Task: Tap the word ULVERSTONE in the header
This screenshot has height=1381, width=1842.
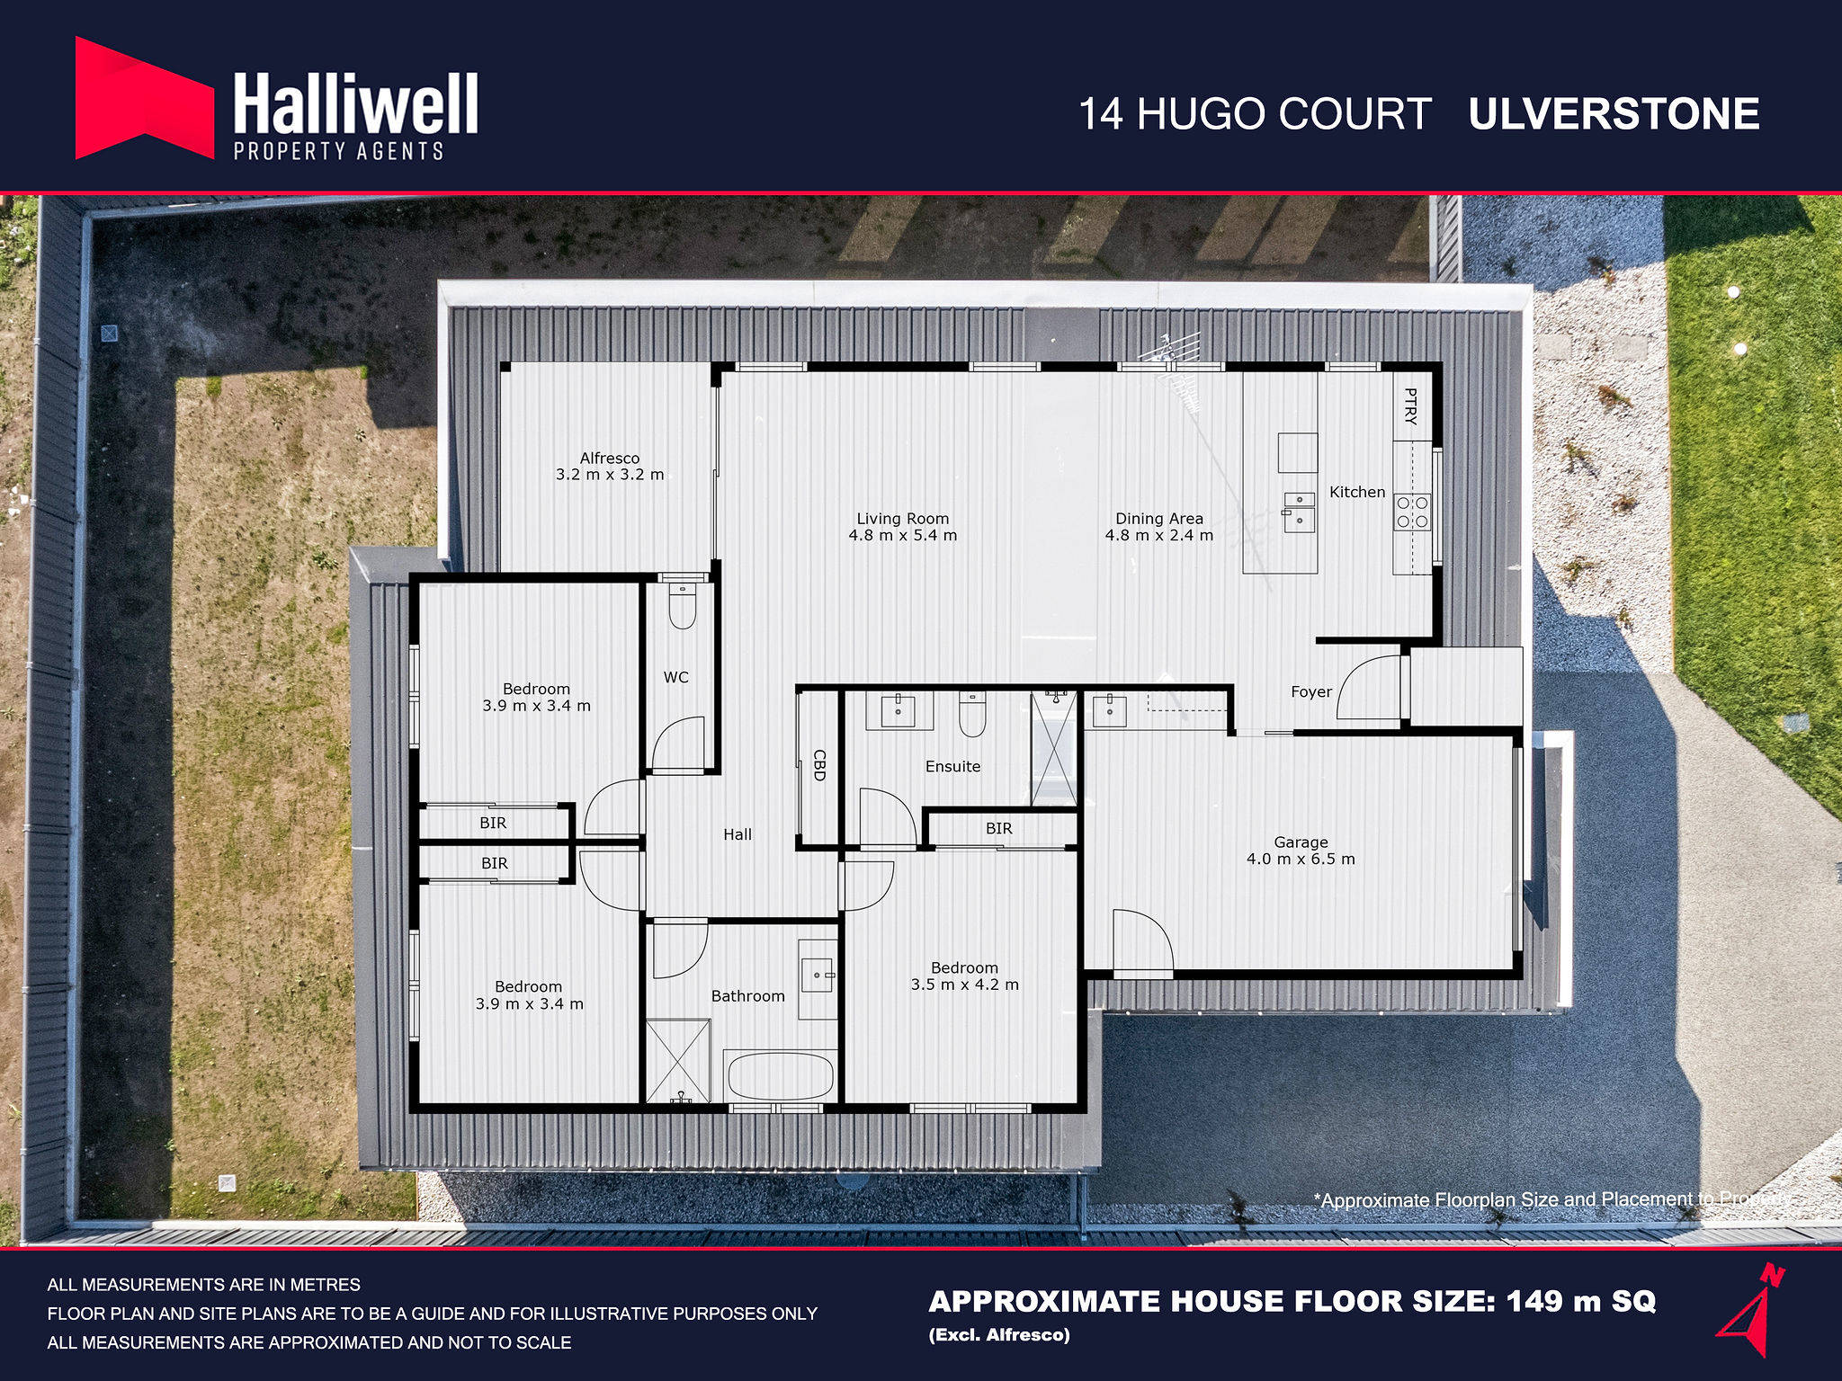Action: coord(1614,114)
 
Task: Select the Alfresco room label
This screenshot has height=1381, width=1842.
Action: coord(610,467)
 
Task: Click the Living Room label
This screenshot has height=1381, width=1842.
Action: coord(902,527)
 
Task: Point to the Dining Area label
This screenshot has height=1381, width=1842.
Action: coord(1159,527)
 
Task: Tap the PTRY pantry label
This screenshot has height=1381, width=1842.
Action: coord(1410,406)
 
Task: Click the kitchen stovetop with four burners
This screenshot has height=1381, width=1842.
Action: coord(1412,512)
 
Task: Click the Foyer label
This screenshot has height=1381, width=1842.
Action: coord(1311,691)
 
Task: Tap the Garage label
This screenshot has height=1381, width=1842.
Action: coord(1301,851)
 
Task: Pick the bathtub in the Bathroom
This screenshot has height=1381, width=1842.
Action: coord(779,1075)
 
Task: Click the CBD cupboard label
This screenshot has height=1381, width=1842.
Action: coord(818,765)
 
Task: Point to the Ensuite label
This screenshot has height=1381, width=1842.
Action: coord(952,767)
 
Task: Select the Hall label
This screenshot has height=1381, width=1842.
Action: coord(738,834)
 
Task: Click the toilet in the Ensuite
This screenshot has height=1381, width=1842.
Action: coord(972,714)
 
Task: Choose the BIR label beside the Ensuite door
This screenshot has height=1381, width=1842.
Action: coord(998,828)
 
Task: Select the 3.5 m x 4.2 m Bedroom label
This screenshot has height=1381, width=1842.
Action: coord(964,976)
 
